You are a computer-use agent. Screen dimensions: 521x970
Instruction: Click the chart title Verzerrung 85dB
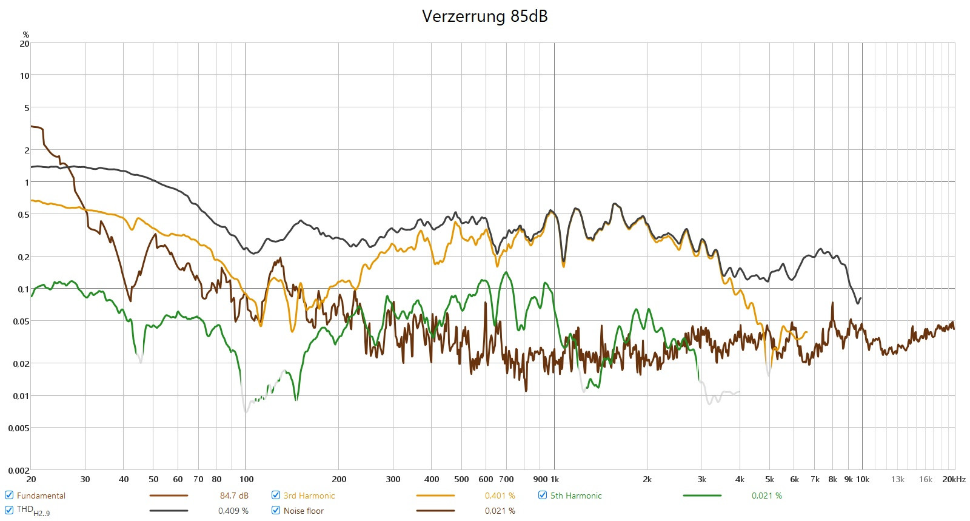coord(484,16)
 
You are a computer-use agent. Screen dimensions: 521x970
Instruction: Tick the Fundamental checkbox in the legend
coord(9,496)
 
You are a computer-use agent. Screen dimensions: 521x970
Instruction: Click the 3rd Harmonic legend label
coord(309,496)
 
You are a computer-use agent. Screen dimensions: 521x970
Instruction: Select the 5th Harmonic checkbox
coord(543,496)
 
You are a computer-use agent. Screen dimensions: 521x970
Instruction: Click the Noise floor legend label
coord(303,511)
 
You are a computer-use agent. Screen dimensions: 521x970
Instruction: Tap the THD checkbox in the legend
coord(9,511)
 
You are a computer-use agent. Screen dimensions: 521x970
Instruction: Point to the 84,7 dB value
coord(234,496)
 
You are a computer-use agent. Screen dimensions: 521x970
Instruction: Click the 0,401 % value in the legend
coord(500,496)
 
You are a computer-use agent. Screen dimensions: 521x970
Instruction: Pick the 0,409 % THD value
coord(233,511)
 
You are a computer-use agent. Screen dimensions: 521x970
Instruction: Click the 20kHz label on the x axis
coord(954,479)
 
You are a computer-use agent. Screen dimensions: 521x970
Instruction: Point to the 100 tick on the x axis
coord(246,479)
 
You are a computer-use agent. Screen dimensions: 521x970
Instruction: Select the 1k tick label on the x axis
coord(555,479)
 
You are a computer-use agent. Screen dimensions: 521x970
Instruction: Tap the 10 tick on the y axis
coord(24,76)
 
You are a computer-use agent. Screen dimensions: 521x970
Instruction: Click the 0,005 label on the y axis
coord(19,428)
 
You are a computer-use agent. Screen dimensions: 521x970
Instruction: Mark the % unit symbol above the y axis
coord(25,35)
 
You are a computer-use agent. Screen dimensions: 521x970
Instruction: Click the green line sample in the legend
coord(701,496)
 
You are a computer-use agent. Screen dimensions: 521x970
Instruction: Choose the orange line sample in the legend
coord(435,496)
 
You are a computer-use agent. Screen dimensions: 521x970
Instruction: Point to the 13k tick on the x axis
coord(897,479)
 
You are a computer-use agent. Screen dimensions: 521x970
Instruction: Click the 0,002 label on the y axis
coord(19,471)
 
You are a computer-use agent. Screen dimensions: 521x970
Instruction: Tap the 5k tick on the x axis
coord(769,479)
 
